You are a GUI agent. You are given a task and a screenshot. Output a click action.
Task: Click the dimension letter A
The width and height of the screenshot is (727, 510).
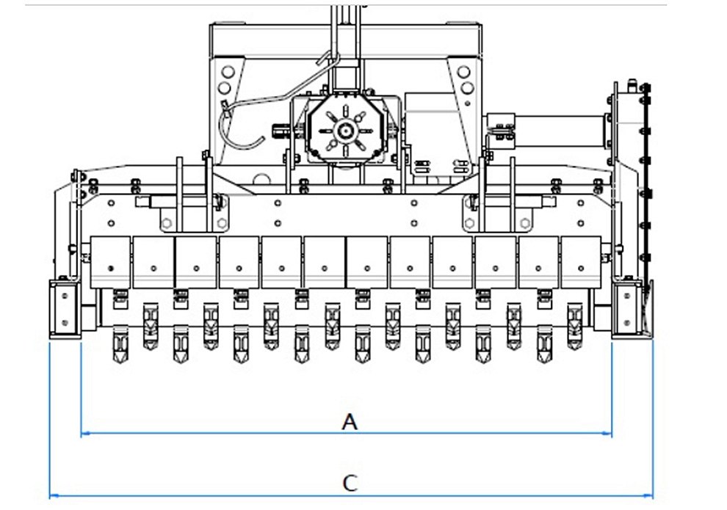[x=350, y=421]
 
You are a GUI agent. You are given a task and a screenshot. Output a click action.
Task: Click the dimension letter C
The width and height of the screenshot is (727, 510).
[x=350, y=483]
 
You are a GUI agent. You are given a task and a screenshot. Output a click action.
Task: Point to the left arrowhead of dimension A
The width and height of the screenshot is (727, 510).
[x=86, y=434]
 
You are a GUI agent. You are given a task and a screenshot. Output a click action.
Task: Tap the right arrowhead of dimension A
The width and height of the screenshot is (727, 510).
[x=607, y=434]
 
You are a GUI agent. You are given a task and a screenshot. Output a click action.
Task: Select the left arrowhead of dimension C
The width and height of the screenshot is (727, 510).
[x=54, y=495]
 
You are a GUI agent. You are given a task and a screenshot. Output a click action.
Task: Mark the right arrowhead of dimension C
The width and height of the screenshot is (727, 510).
[x=648, y=495]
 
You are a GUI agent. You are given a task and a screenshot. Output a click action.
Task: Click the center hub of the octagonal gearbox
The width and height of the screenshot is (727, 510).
[x=345, y=131]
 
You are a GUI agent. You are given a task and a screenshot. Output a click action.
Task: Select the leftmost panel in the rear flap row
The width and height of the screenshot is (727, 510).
[x=110, y=263]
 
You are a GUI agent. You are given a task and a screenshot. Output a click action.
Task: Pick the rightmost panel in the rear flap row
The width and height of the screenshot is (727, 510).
[x=581, y=263]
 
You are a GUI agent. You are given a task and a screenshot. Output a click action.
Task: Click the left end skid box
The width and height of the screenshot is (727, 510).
[x=65, y=309]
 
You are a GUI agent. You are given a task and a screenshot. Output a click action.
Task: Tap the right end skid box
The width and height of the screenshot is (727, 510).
[x=628, y=309]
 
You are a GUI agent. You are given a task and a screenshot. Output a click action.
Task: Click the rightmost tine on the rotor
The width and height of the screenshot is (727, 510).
[x=575, y=327]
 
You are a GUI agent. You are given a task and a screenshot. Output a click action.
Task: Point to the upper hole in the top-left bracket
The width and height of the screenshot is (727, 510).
[x=228, y=72]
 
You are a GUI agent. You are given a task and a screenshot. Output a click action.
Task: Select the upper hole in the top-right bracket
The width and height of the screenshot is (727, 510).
[x=463, y=72]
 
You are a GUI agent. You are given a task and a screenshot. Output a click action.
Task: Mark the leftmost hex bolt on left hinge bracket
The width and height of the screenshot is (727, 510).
[x=167, y=224]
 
